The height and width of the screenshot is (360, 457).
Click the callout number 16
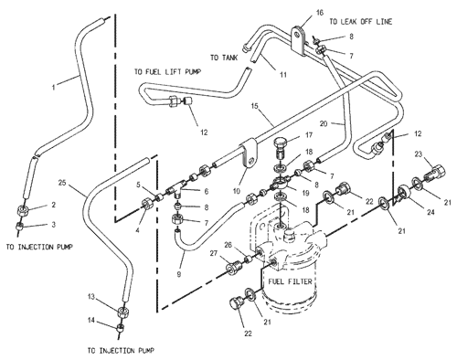click(x=319, y=13)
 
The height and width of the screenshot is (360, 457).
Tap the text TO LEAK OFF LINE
click(x=361, y=22)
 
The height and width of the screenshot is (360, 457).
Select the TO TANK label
click(x=224, y=58)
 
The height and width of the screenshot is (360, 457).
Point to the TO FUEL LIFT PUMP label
click(x=168, y=72)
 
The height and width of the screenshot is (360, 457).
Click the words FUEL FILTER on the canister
click(x=291, y=281)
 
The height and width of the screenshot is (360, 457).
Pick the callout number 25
click(x=62, y=183)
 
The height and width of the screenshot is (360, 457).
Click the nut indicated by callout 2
click(x=23, y=210)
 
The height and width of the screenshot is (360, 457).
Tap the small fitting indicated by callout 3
click(x=20, y=227)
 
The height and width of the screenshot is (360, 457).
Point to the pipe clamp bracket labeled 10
click(x=250, y=154)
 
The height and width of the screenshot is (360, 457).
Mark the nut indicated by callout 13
click(x=124, y=312)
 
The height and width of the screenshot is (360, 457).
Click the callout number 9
click(x=179, y=274)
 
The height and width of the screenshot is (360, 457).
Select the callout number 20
click(x=324, y=123)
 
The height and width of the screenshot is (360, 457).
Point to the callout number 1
click(x=54, y=88)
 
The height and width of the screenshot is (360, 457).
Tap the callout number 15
click(x=255, y=106)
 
